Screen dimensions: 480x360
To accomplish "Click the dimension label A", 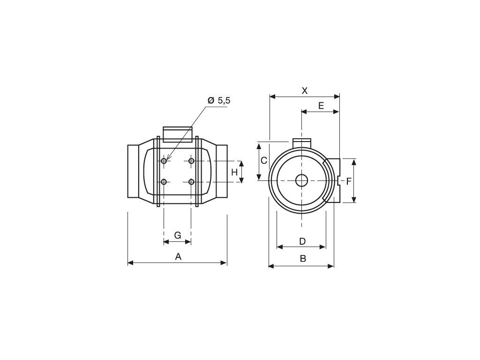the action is pos(178,256).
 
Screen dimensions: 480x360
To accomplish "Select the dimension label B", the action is pos(303,259).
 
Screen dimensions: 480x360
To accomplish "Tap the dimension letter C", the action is pos(264,160).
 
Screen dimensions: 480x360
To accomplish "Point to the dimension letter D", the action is pos(302,241).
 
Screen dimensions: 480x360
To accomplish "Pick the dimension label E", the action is pos(321,105).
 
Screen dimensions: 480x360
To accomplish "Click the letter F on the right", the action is pos(349,181).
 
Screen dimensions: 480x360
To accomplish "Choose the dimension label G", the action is pos(178,235).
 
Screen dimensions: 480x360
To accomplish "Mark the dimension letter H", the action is pos(234,172).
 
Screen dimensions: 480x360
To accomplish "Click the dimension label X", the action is pos(305,90).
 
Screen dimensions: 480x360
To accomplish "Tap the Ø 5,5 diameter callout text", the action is pos(218,100).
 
